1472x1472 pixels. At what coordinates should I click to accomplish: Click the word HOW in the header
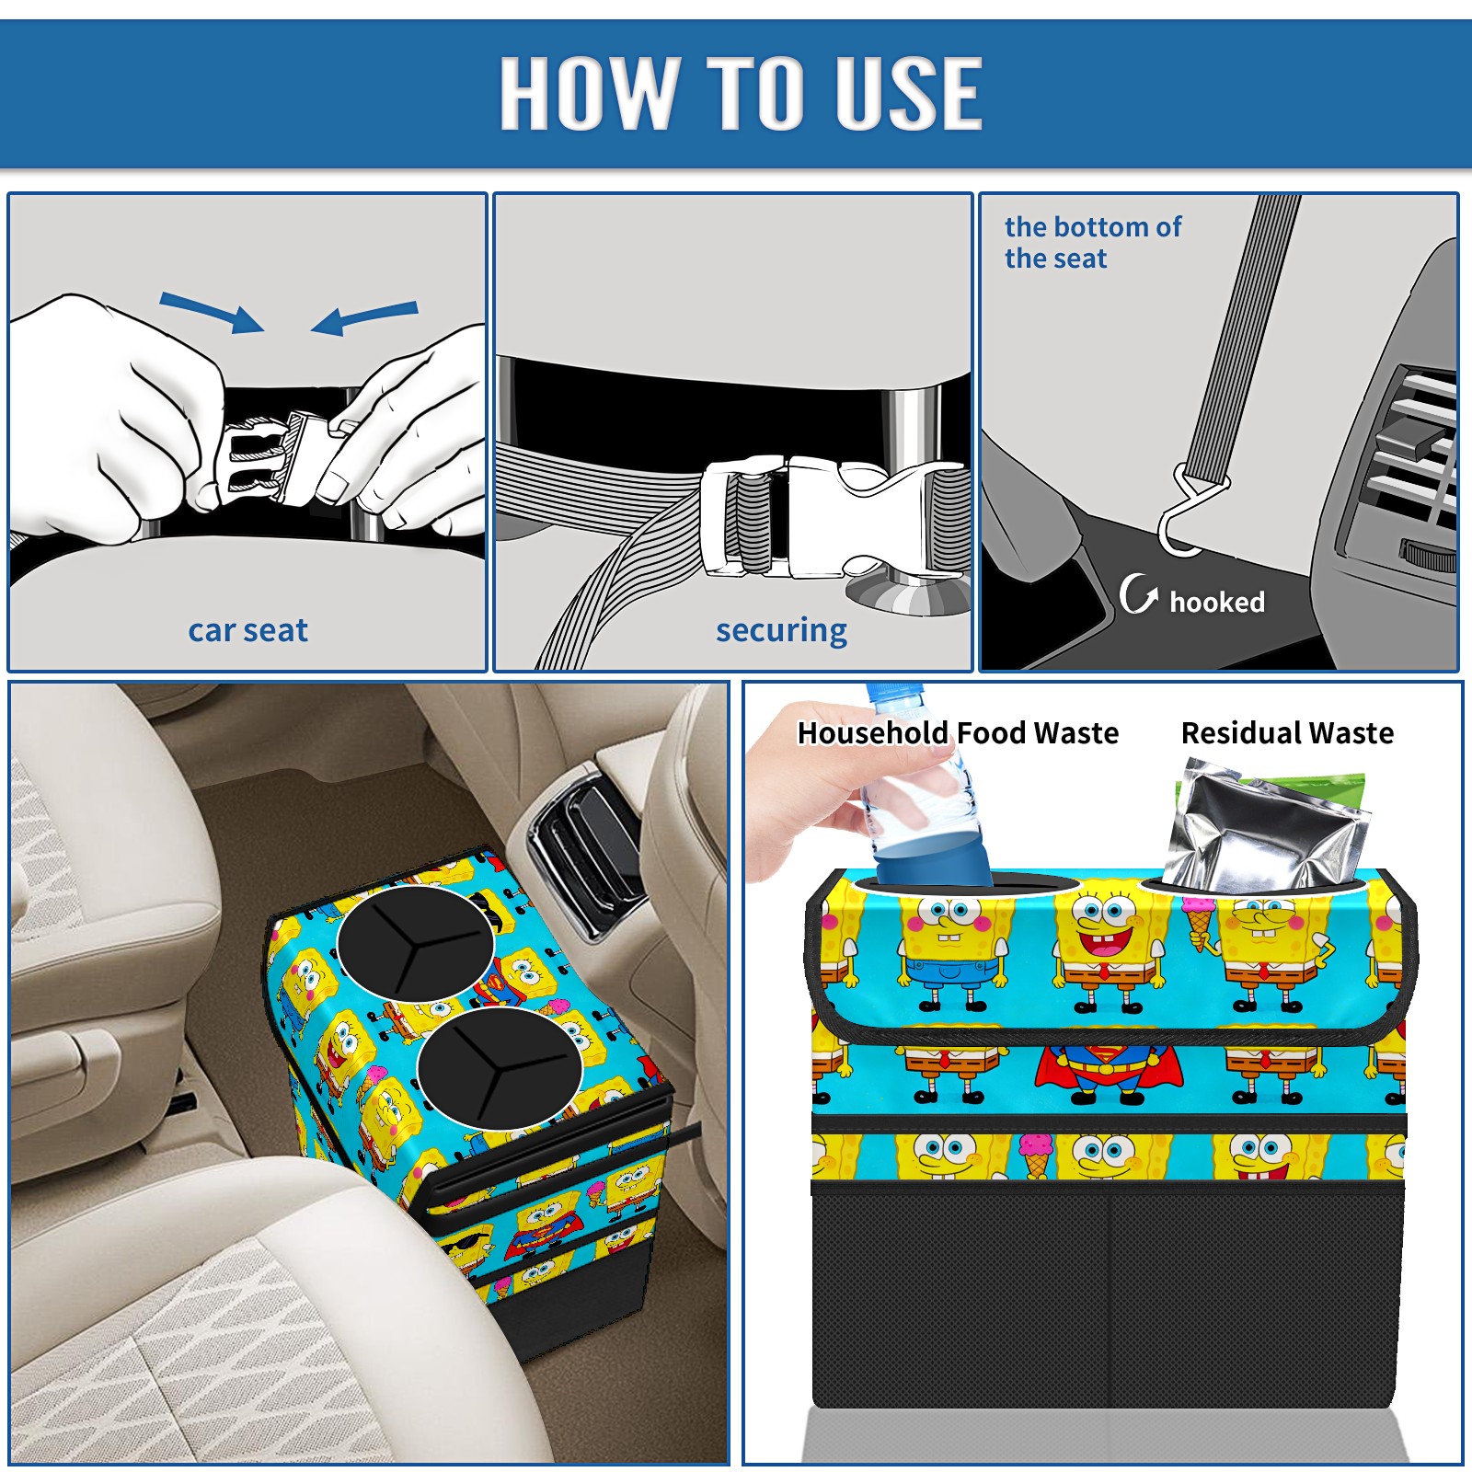(x=590, y=92)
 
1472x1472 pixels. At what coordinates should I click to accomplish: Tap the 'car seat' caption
(x=247, y=630)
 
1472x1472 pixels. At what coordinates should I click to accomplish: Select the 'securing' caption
(x=781, y=631)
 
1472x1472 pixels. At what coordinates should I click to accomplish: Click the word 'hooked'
(x=1217, y=602)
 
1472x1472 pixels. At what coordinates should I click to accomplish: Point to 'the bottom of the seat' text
(x=1093, y=242)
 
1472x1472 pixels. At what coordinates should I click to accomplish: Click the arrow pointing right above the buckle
(x=212, y=312)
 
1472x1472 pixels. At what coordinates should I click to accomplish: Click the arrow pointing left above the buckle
(x=364, y=317)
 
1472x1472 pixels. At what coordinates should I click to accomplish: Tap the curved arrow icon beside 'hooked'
(x=1138, y=593)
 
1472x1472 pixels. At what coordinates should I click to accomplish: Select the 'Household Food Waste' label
(x=958, y=732)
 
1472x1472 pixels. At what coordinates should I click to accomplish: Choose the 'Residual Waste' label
(x=1287, y=732)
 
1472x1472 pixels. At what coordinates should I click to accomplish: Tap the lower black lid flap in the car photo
(x=499, y=1068)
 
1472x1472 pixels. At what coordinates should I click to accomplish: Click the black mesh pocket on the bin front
(x=1108, y=1298)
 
